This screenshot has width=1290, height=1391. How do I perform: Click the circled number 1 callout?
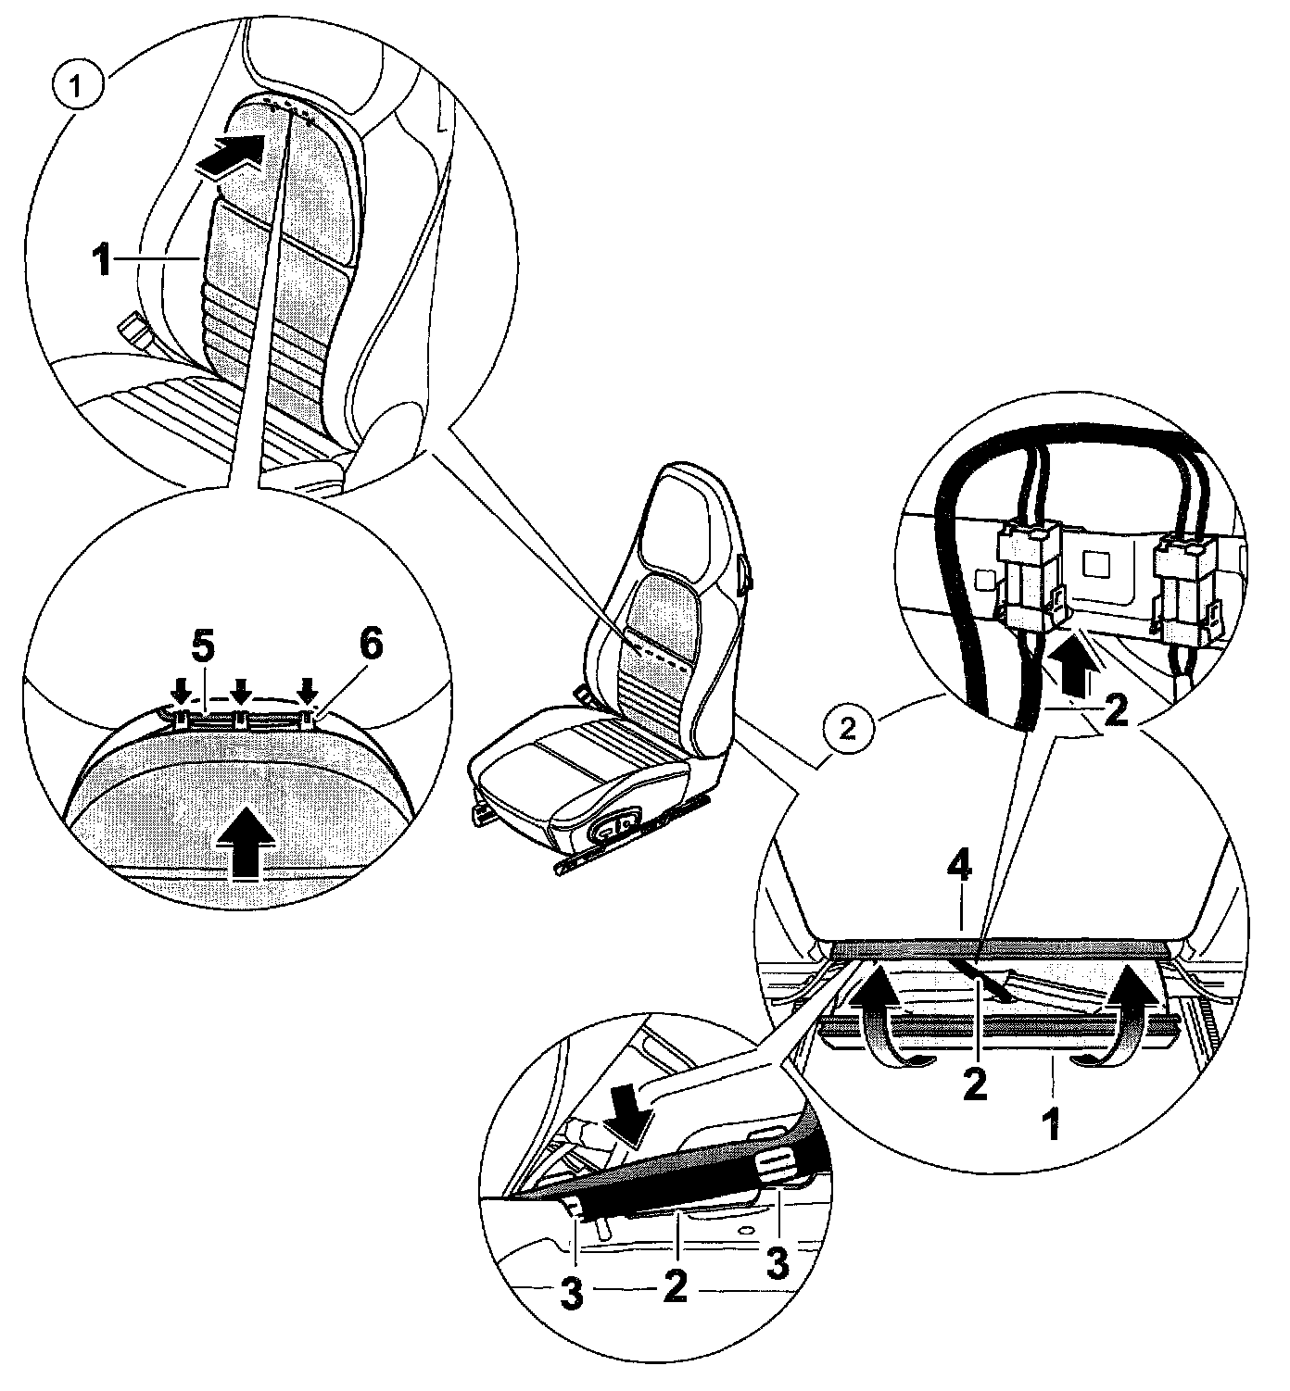(x=79, y=88)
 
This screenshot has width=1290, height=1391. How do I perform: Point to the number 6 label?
(x=369, y=646)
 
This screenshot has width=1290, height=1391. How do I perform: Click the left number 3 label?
(x=572, y=1297)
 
